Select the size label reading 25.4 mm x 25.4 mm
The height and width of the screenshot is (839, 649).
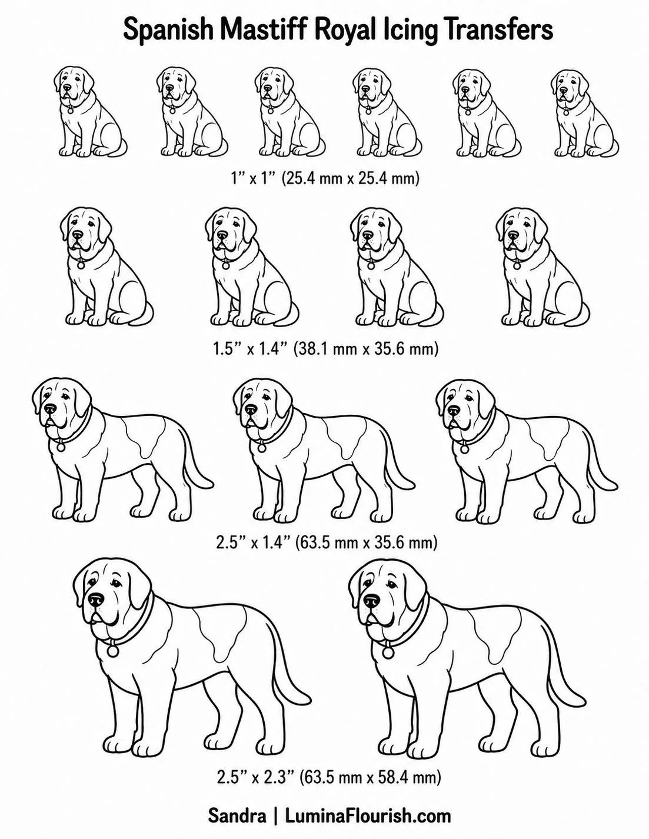tap(351, 178)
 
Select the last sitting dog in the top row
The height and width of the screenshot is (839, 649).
tap(584, 113)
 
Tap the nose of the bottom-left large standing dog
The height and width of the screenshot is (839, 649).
tap(96, 600)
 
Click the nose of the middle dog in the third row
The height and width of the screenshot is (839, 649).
tap(251, 409)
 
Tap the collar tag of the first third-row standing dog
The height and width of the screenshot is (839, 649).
tap(61, 447)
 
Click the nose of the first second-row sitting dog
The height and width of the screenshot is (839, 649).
tap(78, 235)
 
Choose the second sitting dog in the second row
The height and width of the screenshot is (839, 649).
tap(252, 267)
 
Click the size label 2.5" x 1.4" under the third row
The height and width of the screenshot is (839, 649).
tap(252, 542)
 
